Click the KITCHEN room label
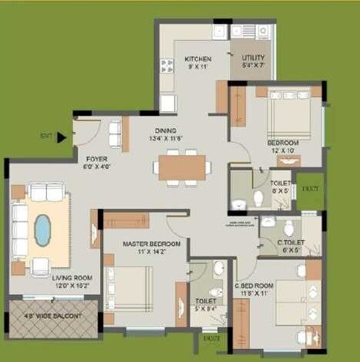(x=197, y=59)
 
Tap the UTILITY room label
(x=253, y=58)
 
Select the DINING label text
(x=165, y=130)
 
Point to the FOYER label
(x=97, y=158)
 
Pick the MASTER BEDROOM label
(x=151, y=244)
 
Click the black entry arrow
(x=61, y=137)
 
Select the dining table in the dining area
(x=183, y=167)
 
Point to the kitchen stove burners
(x=167, y=66)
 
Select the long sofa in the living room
(x=19, y=229)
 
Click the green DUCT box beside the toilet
(x=310, y=191)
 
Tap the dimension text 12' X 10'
(x=282, y=151)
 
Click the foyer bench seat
(x=115, y=134)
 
